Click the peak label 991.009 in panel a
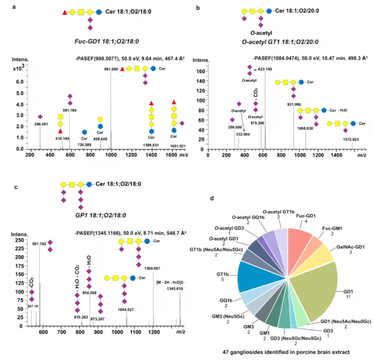(x=111, y=69)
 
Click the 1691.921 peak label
(x=174, y=146)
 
